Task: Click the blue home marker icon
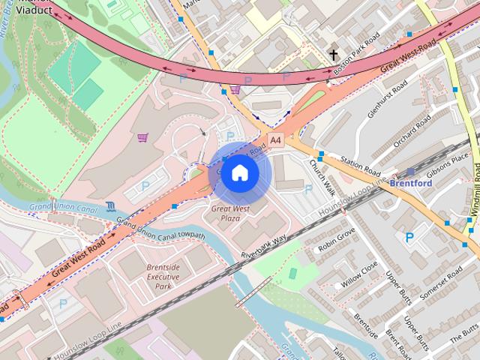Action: (239, 173)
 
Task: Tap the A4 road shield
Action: (275, 139)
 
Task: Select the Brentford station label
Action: (411, 182)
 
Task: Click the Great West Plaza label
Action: (230, 213)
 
